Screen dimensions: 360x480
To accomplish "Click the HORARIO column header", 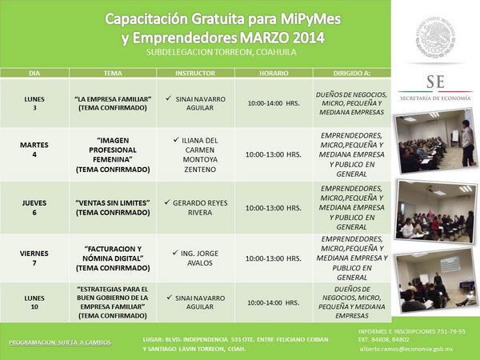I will (x=274, y=73).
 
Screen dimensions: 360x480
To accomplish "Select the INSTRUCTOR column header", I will (x=195, y=73).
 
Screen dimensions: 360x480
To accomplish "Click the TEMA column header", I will (x=113, y=73).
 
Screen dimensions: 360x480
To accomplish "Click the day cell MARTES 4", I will (x=34, y=150).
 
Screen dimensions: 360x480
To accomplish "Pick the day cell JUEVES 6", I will (x=34, y=208).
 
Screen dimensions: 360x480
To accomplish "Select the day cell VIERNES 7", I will (x=34, y=258).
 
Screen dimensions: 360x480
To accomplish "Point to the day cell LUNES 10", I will (x=34, y=302).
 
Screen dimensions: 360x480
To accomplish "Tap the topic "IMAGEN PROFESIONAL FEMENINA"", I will (x=113, y=150).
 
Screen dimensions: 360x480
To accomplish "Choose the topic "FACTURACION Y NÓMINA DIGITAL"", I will (x=113, y=258).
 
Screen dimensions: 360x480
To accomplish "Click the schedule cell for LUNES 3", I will (x=274, y=103).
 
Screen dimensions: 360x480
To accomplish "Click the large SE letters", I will (x=436, y=82).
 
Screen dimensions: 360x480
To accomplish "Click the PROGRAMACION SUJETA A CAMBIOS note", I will (x=60, y=342).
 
